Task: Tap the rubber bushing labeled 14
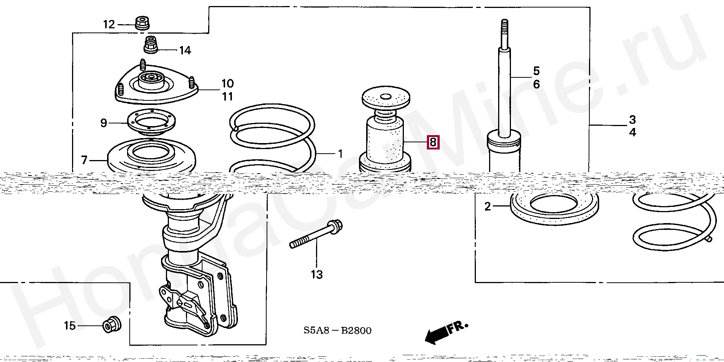pyautogui.click(x=151, y=45)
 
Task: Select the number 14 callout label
pyautogui.click(x=185, y=50)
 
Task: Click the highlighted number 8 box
pyautogui.click(x=433, y=142)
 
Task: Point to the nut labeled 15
pyautogui.click(x=112, y=325)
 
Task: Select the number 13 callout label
pyautogui.click(x=317, y=274)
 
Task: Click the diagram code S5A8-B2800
pyautogui.click(x=337, y=331)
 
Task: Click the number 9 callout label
pyautogui.click(x=104, y=123)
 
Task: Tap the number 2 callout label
pyautogui.click(x=488, y=206)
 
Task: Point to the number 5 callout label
pyautogui.click(x=536, y=71)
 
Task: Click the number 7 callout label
pyautogui.click(x=84, y=160)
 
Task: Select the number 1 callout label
pyautogui.click(x=340, y=154)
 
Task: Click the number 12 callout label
pyautogui.click(x=109, y=25)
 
